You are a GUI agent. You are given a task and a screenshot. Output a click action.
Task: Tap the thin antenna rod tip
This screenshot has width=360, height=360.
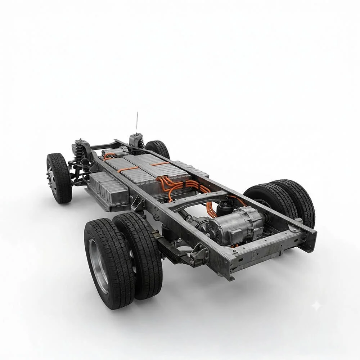(137, 114)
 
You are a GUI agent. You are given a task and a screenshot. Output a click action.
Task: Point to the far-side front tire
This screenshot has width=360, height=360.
(158, 148)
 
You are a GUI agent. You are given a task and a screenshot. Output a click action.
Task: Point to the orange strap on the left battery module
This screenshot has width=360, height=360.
(128, 169)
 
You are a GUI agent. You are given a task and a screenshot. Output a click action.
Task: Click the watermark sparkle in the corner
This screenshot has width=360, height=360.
(316, 306)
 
